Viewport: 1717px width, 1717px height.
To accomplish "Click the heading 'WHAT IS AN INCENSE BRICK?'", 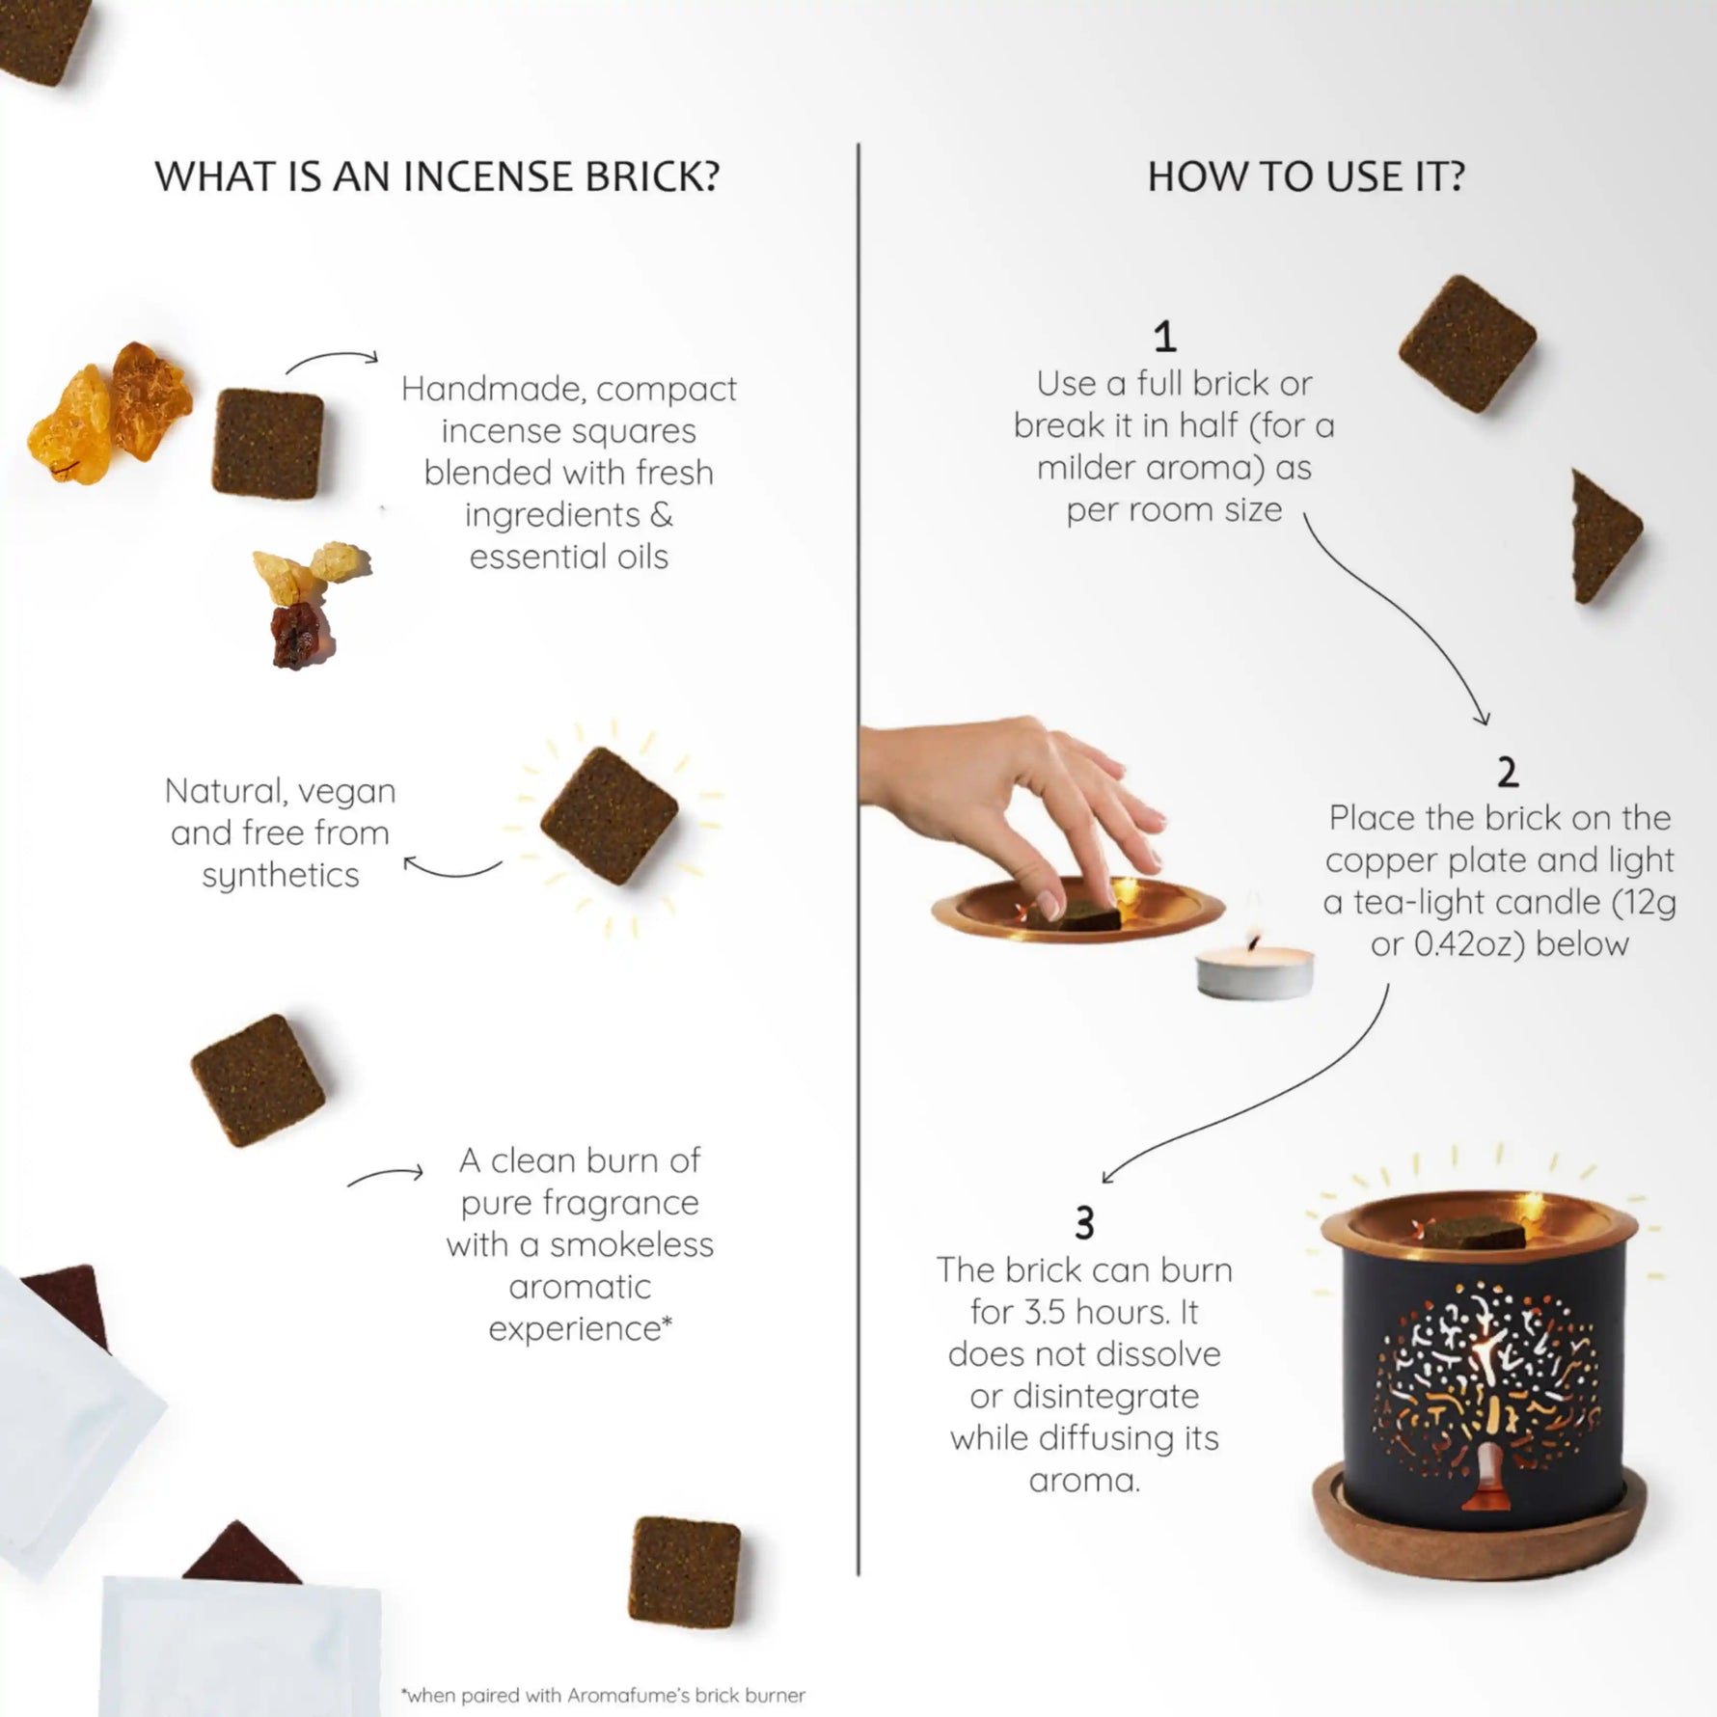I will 437,177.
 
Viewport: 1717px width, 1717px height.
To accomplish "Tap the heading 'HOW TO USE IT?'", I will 1306,177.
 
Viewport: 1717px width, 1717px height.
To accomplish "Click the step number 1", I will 1164,338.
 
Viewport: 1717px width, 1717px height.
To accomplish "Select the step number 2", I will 1507,773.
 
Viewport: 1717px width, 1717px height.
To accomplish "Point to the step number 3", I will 1084,1224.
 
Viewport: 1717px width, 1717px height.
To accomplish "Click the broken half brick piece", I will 1603,536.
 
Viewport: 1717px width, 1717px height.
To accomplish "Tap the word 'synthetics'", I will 280,876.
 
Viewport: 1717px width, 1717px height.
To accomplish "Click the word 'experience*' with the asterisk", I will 580,1329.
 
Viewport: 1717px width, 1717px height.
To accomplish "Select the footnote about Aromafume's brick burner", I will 603,1695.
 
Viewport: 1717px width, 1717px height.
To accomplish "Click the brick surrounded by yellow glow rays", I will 609,815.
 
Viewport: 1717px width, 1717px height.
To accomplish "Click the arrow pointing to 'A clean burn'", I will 386,1176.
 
